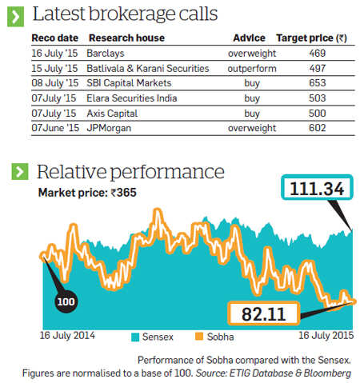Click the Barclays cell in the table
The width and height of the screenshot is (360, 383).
pos(106,54)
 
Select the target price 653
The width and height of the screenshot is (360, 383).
pos(318,83)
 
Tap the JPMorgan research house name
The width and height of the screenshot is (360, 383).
pos(109,128)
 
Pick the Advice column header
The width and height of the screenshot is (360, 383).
pos(249,38)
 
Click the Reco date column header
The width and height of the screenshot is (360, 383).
pos(55,38)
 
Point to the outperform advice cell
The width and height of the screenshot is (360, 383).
pos(252,69)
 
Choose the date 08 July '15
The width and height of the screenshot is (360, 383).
pos(55,83)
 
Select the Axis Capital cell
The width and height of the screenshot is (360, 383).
pos(112,114)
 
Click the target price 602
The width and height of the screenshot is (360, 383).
pos(318,128)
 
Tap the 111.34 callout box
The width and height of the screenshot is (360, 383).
pos(317,187)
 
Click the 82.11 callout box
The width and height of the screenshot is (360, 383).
pos(263,313)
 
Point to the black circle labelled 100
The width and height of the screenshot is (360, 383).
pos(66,301)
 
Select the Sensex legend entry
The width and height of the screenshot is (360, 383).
pos(153,337)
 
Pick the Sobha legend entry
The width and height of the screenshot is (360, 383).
pos(214,337)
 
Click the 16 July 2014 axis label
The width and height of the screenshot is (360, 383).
pos(67,335)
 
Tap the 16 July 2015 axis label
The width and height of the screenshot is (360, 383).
pos(326,335)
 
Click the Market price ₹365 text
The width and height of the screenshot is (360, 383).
pos(87,193)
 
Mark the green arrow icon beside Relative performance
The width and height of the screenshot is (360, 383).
pos(20,171)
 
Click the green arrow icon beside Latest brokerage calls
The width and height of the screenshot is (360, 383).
pos(15,17)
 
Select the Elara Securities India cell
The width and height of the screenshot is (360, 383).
pos(132,98)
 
